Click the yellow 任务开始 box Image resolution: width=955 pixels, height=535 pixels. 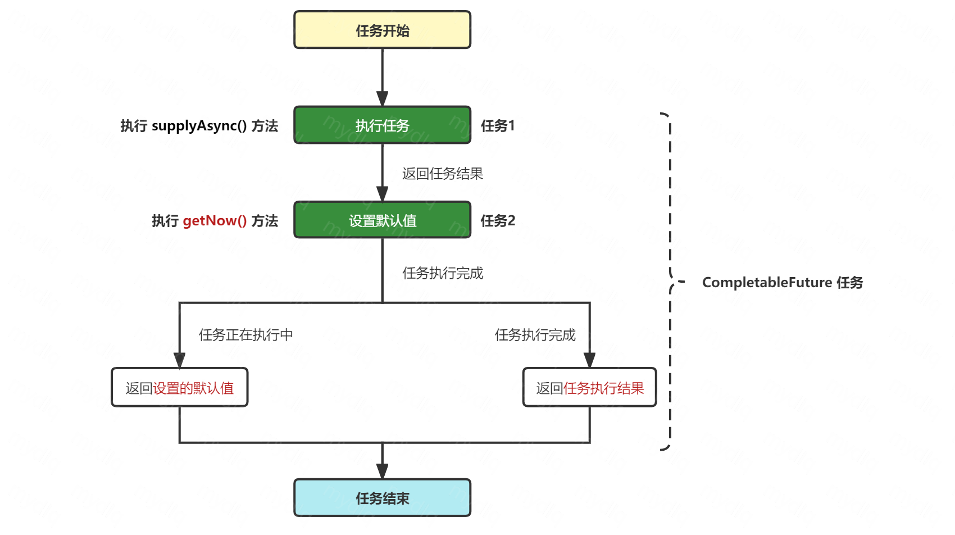click(382, 30)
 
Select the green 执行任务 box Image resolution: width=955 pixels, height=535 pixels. click(382, 125)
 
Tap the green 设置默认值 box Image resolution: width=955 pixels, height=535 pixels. click(382, 220)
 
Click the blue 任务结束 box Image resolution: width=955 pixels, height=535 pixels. click(382, 498)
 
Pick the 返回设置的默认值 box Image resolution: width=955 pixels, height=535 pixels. click(179, 388)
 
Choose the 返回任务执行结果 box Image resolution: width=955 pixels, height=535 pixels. click(589, 388)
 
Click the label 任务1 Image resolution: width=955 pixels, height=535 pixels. click(497, 126)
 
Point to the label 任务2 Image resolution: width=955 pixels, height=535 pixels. click(497, 221)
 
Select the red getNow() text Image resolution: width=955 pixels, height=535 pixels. click(215, 221)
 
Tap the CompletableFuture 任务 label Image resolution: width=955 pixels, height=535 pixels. click(782, 282)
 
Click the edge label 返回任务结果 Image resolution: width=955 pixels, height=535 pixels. click(442, 174)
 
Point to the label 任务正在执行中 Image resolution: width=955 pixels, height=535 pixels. click(245, 335)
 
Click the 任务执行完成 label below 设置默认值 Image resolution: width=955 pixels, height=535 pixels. click(442, 273)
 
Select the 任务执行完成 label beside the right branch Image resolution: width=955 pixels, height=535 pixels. click(535, 335)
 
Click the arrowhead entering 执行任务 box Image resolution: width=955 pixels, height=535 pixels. click(382, 99)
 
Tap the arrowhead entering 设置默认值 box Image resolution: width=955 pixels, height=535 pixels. click(382, 194)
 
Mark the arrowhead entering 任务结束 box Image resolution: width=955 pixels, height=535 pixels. click(382, 471)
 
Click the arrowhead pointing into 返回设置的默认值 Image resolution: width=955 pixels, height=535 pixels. click(179, 360)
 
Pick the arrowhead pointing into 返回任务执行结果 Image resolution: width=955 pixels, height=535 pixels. click(589, 360)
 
